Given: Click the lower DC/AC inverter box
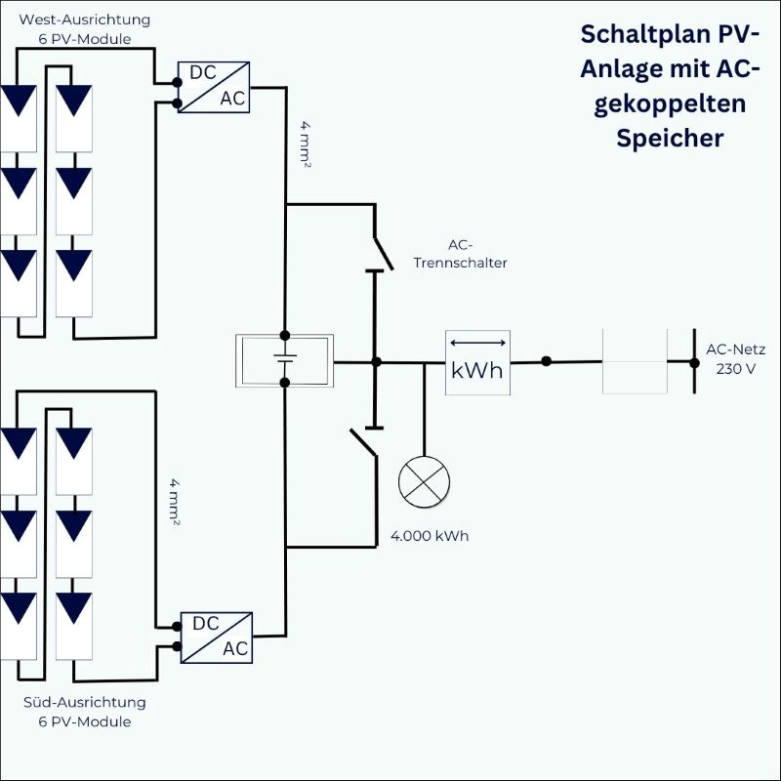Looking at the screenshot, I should pyautogui.click(x=215, y=637).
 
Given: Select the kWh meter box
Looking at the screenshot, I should pyautogui.click(x=478, y=362).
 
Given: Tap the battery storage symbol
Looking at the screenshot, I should pyautogui.click(x=285, y=361).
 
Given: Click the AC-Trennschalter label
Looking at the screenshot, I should pyautogui.click(x=460, y=255).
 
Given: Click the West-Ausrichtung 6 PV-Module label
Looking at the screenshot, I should pyautogui.click(x=78, y=29).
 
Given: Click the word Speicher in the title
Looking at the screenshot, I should pyautogui.click(x=670, y=138).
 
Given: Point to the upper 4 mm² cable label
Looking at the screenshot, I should pyautogui.click(x=306, y=146).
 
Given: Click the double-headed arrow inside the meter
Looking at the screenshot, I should pyautogui.click(x=478, y=343).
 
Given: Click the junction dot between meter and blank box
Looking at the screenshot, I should pyautogui.click(x=546, y=361).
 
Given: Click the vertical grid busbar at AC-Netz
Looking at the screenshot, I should pyautogui.click(x=695, y=361).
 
